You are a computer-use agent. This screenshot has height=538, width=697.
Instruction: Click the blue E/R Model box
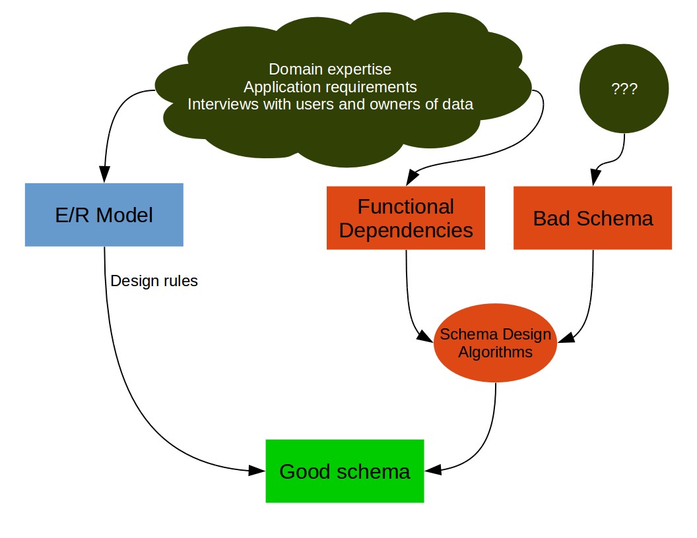(104, 215)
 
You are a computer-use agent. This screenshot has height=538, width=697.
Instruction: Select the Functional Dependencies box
(406, 218)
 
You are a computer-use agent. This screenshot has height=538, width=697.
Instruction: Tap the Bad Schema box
(593, 218)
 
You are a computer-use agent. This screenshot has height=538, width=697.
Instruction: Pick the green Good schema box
(345, 471)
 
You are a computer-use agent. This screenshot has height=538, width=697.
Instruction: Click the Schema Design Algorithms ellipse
(495, 343)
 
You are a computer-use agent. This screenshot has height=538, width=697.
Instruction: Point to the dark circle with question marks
(624, 88)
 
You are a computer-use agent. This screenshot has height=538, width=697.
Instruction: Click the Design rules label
(154, 281)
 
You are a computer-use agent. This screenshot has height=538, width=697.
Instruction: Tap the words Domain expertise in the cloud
(330, 69)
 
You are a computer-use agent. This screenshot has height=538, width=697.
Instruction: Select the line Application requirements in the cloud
(330, 87)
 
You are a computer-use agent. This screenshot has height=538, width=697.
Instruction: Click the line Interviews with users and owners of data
(330, 104)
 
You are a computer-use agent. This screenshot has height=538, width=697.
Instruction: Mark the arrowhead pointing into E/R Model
(104, 174)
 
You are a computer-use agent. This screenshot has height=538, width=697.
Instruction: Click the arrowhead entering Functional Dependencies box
(412, 177)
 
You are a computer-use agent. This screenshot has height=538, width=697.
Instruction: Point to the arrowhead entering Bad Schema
(595, 177)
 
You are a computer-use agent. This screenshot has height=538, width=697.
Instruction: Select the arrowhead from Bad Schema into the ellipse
(566, 338)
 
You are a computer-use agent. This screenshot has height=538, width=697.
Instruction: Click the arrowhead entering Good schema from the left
(257, 471)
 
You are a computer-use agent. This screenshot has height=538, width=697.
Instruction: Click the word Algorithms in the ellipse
(495, 352)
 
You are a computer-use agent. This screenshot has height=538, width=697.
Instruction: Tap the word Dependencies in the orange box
(406, 230)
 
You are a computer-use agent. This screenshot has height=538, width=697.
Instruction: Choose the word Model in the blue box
(125, 216)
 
